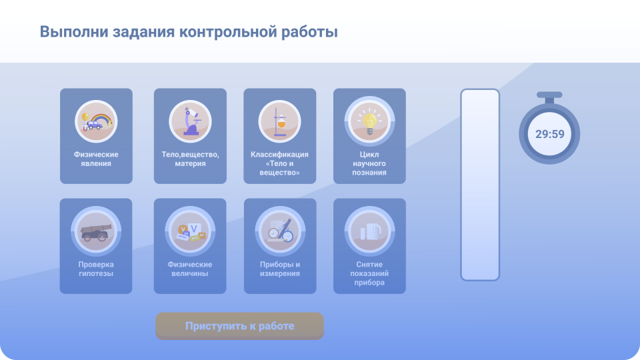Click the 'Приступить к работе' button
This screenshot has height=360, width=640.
point(239,326)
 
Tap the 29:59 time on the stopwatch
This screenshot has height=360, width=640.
point(550,134)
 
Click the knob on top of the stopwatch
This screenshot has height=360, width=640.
point(549,95)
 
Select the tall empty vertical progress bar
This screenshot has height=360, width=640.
point(480,185)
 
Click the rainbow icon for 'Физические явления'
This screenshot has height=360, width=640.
point(96,121)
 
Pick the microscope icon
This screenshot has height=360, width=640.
point(190,121)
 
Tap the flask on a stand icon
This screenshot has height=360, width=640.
point(279,121)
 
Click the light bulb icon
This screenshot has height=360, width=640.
point(369,121)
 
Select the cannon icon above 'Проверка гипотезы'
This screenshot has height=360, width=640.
point(96,231)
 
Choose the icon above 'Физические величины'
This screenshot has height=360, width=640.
point(190,231)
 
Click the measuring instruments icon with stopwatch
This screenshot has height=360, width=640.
point(280,231)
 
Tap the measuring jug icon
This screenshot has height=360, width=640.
point(369,231)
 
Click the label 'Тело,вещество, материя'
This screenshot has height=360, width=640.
point(190,159)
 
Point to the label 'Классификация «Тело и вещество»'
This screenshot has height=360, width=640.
point(279,163)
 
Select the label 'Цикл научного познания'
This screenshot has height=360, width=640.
point(369,163)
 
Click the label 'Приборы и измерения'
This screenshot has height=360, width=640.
point(280,269)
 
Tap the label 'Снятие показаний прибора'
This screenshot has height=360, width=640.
point(369,273)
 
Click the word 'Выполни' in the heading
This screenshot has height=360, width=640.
point(73,32)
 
